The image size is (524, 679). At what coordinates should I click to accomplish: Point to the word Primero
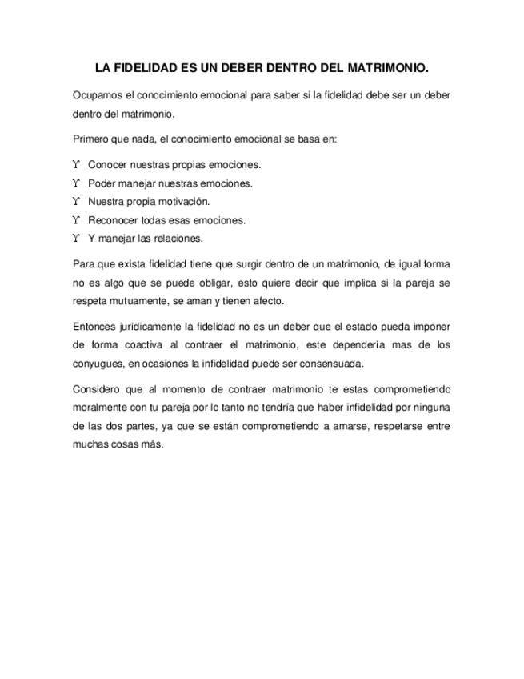[x=91, y=139]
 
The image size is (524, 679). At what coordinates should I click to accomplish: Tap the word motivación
[x=185, y=202]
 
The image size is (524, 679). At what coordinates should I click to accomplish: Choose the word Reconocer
[x=114, y=220]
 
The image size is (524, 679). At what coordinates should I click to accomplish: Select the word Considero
[x=95, y=389]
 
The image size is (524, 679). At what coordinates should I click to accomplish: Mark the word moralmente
[x=98, y=408]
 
